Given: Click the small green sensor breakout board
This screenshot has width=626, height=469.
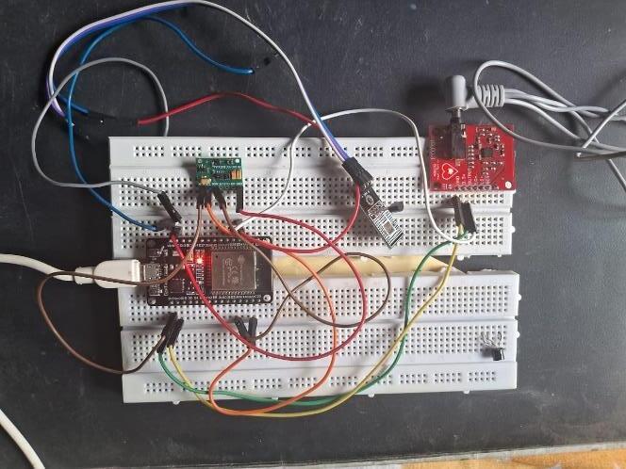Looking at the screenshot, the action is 218,173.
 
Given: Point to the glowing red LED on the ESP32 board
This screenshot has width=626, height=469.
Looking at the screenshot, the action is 198,257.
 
